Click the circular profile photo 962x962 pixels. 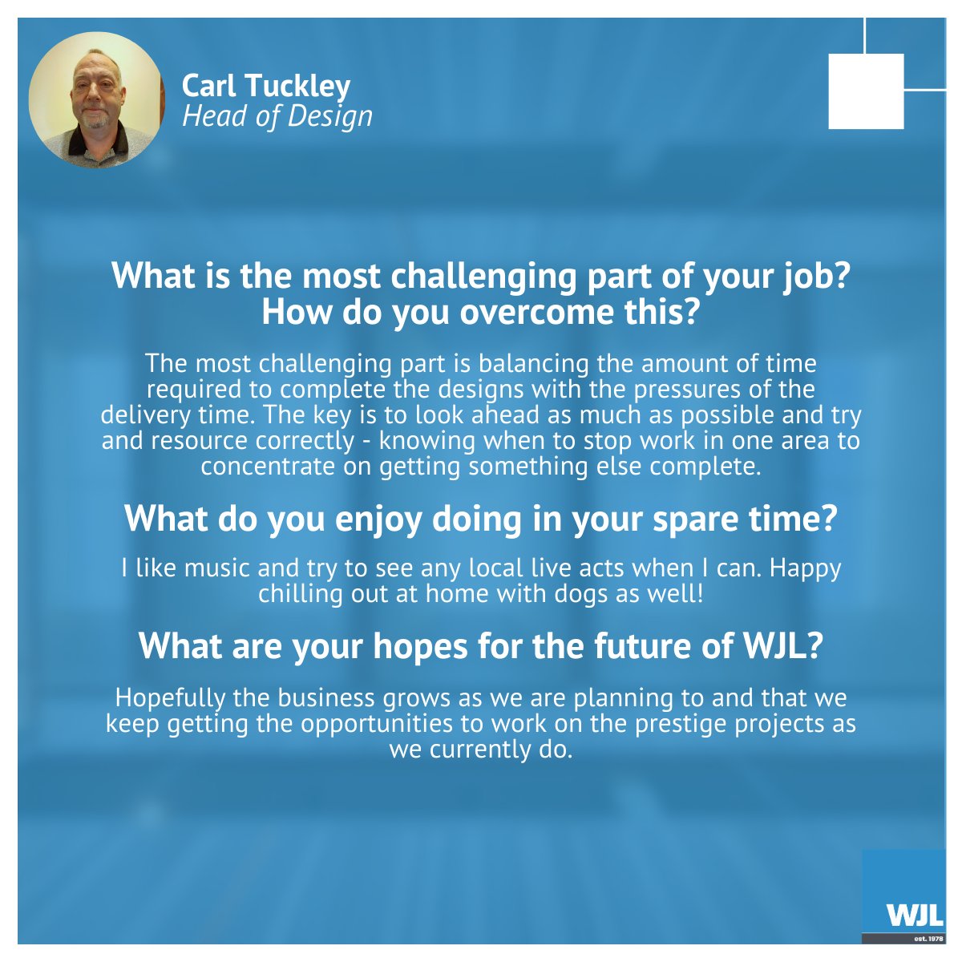pos(96,99)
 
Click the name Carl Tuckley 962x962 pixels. pos(266,86)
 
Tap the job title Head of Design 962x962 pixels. pos(277,116)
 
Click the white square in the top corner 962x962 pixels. pos(866,91)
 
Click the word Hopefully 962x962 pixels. pos(171,697)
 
